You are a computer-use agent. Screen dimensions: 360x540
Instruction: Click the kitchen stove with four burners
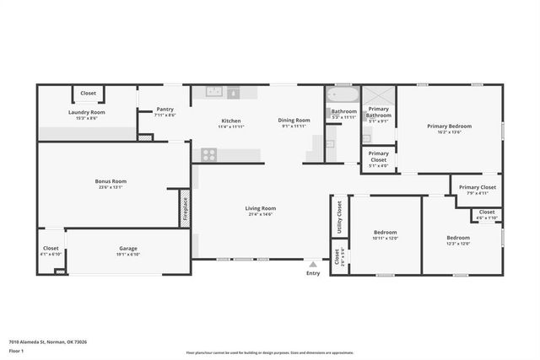coord(208,154)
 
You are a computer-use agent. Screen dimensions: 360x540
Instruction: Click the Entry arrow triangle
coord(313,264)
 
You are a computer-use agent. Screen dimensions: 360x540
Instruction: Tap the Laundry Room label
coord(87,112)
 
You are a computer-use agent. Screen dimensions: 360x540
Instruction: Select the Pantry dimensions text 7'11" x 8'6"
coord(166,115)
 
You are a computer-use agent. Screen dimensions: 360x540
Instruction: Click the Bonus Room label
coord(111,181)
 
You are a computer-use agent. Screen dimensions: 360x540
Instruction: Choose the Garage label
coord(128,249)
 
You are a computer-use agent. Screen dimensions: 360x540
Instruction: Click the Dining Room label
coord(294,120)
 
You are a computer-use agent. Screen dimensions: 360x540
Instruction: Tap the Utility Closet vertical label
coord(338,215)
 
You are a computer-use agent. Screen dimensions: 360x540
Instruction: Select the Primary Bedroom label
coord(449,126)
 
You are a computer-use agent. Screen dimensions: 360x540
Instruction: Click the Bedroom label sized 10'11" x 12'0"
coord(385,232)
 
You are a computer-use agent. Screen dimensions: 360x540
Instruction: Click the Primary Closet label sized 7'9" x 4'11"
coord(477,187)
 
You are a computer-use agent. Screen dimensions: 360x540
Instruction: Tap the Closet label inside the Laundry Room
coord(89,94)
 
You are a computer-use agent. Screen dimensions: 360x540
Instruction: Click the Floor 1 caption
coord(16,350)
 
